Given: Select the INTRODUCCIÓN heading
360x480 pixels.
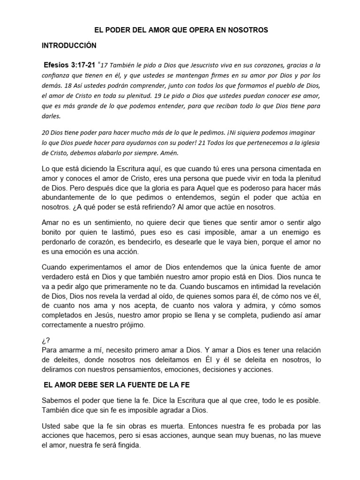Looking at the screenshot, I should [69, 46].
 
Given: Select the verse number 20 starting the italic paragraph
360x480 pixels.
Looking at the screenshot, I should [46, 134].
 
